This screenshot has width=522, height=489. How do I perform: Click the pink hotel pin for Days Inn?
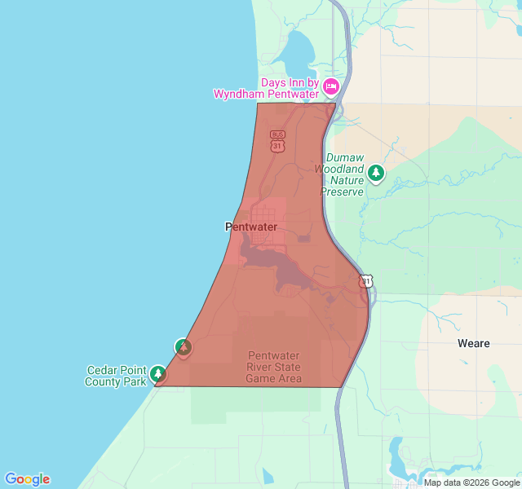pyautogui.click(x=330, y=86)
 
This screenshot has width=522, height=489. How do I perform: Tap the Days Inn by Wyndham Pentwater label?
pyautogui.click(x=268, y=89)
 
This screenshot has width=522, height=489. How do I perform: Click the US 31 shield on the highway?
pyautogui.click(x=367, y=280)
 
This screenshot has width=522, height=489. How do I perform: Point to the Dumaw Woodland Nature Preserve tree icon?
pyautogui.click(x=376, y=173)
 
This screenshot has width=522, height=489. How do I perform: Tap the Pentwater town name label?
pyautogui.click(x=251, y=227)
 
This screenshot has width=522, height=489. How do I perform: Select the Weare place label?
pyautogui.click(x=474, y=343)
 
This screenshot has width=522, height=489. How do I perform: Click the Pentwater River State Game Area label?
pyautogui.click(x=274, y=368)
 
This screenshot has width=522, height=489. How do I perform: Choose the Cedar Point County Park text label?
pyautogui.click(x=116, y=376)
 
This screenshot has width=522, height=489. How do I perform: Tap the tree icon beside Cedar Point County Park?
pyautogui.click(x=158, y=375)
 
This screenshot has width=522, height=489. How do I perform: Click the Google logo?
pyautogui.click(x=27, y=479)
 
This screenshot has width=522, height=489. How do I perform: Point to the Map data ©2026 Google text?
pyautogui.click(x=471, y=482)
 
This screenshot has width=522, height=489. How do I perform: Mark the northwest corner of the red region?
pyautogui.click(x=258, y=103)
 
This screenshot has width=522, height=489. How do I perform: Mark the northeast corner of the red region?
pyautogui.click(x=335, y=103)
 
